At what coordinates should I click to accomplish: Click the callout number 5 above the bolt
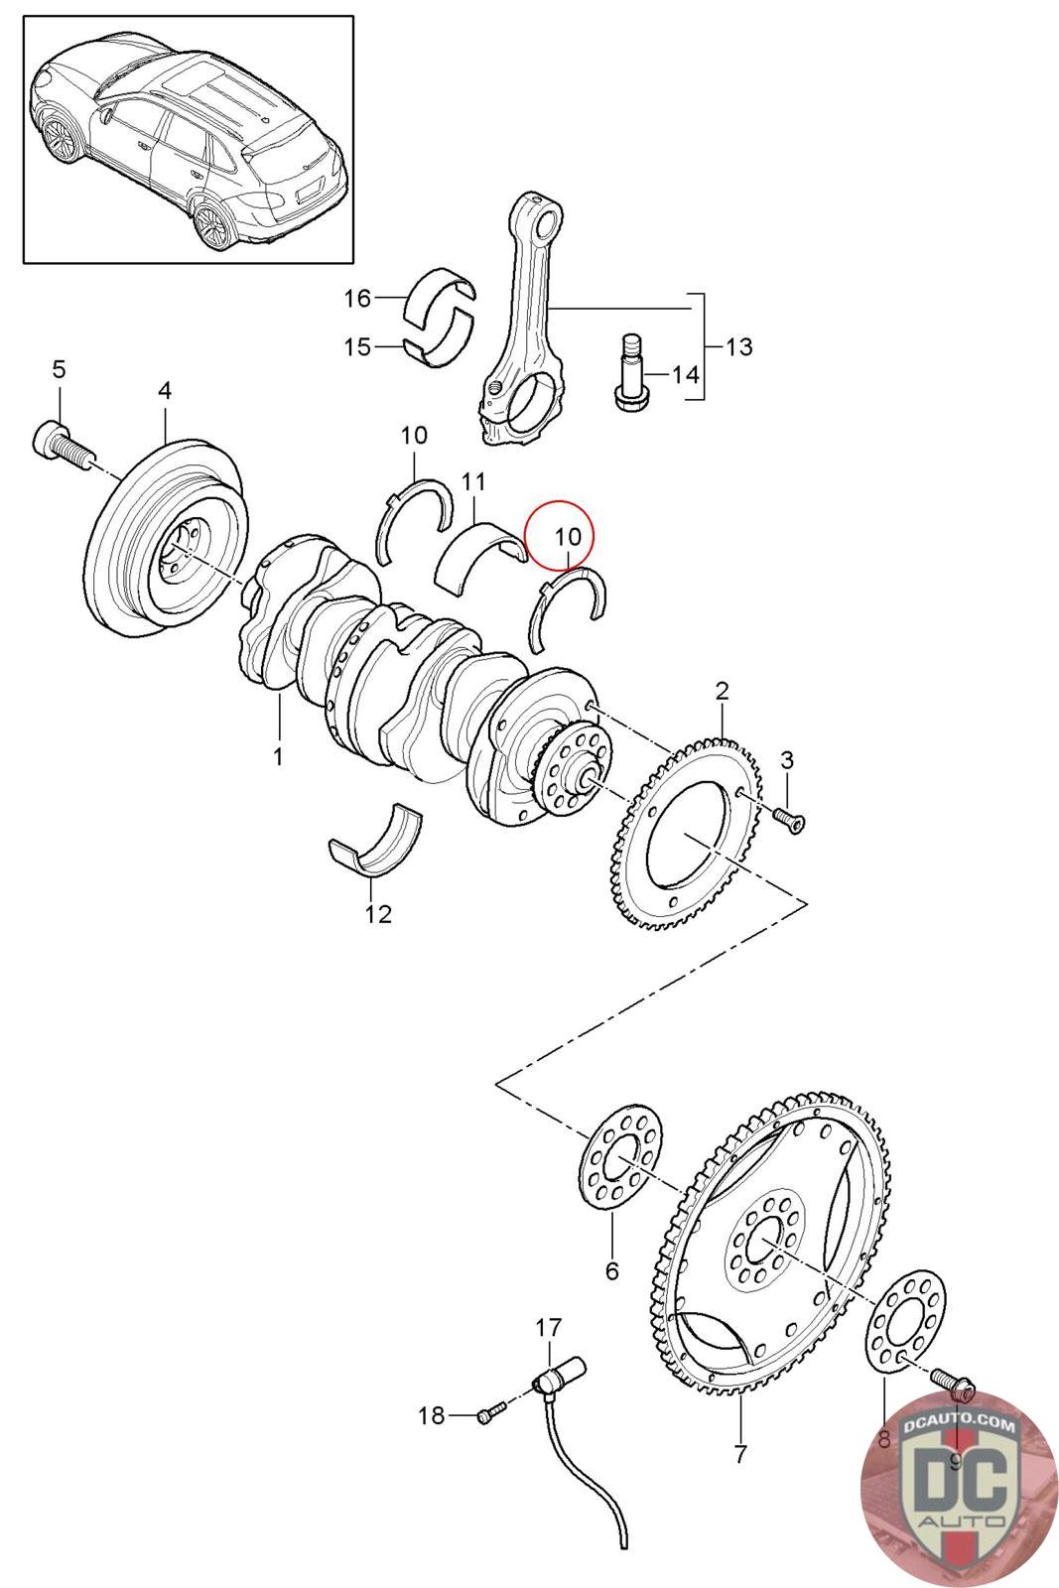point(59,368)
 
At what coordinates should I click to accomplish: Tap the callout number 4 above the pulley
point(165,390)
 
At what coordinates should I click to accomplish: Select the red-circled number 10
point(567,537)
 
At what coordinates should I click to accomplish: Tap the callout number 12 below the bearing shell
point(378,914)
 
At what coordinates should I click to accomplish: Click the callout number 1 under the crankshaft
point(278,756)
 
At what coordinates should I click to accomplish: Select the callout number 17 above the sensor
point(549,1327)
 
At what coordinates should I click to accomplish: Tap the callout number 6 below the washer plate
point(611,1269)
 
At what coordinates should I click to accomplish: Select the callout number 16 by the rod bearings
point(358,298)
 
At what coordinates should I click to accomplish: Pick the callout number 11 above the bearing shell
point(473,482)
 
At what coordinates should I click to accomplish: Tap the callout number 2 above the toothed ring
point(722,691)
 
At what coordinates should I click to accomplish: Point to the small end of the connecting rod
point(545,218)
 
